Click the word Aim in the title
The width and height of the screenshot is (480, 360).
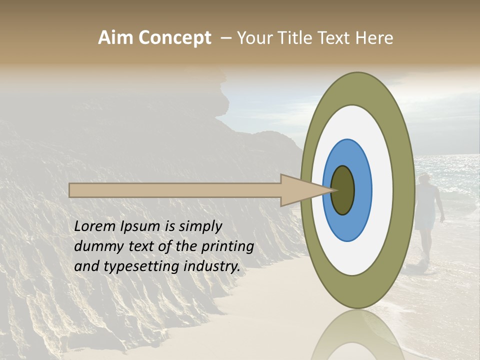115,37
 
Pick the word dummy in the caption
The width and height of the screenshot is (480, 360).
96,246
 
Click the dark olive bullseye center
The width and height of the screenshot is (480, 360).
342,190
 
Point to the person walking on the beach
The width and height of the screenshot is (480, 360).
427,215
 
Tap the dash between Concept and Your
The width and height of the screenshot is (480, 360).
226,38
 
